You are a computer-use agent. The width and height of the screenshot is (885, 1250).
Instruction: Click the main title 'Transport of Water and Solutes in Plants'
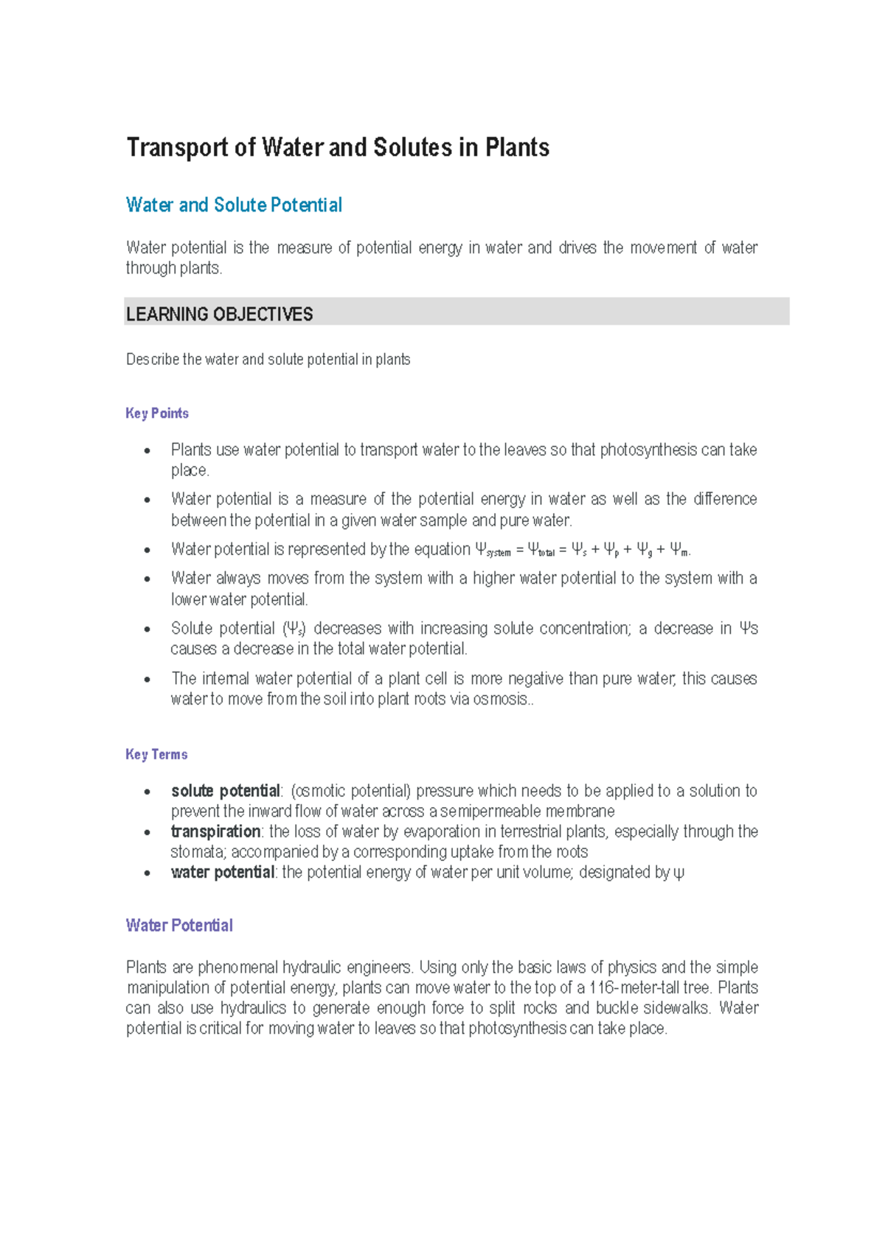click(x=338, y=147)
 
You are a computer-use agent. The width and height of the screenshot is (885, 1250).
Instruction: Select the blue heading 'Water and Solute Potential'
click(x=234, y=205)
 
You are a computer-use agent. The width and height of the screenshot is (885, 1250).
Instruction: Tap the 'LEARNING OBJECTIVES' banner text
click(x=220, y=315)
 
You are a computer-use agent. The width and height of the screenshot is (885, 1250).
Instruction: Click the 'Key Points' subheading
click(x=157, y=413)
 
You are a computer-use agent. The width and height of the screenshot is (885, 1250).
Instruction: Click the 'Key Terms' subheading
click(x=156, y=755)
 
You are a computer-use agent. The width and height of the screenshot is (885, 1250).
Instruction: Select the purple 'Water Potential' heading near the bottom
click(x=179, y=926)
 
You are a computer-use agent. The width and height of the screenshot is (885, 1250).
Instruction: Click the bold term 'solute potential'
click(x=225, y=791)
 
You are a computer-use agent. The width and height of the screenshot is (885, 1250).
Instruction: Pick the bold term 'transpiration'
click(x=215, y=831)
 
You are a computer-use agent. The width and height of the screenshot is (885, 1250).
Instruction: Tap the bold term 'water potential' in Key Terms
click(x=222, y=873)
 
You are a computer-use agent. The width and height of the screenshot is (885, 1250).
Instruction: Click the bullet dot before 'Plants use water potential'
click(x=147, y=451)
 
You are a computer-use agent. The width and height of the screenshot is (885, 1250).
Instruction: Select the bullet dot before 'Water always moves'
click(x=147, y=579)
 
